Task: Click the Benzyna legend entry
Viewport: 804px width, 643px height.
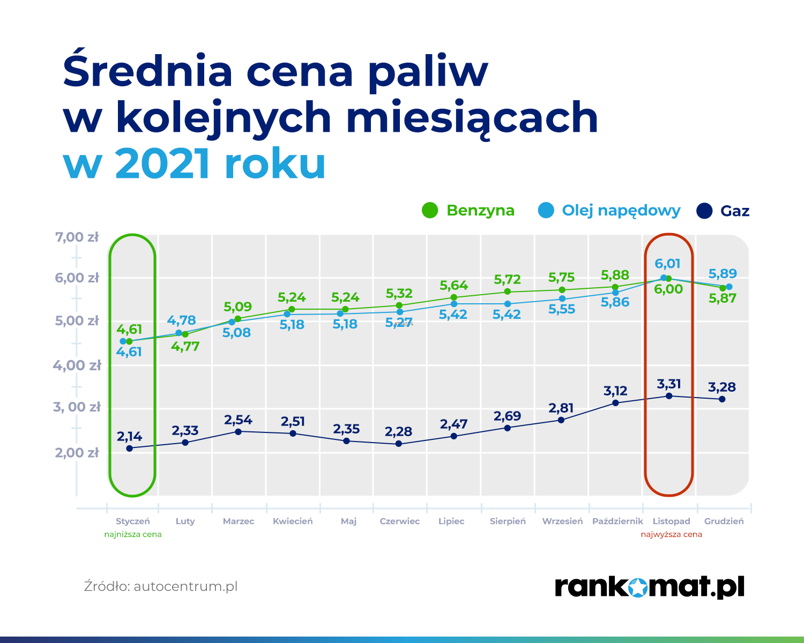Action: click(x=468, y=211)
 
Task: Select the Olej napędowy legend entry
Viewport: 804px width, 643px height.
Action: click(x=609, y=211)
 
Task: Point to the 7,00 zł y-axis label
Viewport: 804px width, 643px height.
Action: click(x=77, y=237)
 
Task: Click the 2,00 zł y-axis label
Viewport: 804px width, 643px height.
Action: click(x=77, y=452)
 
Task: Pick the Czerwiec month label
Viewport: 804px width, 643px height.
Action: click(x=399, y=521)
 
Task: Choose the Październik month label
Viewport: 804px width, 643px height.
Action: click(x=617, y=521)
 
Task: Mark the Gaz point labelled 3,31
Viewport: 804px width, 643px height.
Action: click(x=669, y=395)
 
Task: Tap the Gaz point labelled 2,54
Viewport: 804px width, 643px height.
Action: click(x=239, y=431)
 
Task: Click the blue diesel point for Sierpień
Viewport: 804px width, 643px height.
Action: click(x=508, y=304)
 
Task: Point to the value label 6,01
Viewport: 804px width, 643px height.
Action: click(x=667, y=264)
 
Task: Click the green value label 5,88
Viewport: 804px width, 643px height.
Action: click(x=615, y=275)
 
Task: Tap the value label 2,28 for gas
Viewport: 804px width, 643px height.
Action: click(x=398, y=431)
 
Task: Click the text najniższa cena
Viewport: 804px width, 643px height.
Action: click(x=132, y=534)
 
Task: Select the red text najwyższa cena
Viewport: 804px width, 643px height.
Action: click(x=672, y=534)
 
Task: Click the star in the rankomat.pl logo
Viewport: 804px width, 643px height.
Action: click(x=637, y=587)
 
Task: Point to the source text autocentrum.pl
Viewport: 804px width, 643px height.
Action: click(x=185, y=587)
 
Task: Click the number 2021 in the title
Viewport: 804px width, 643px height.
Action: click(x=162, y=163)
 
